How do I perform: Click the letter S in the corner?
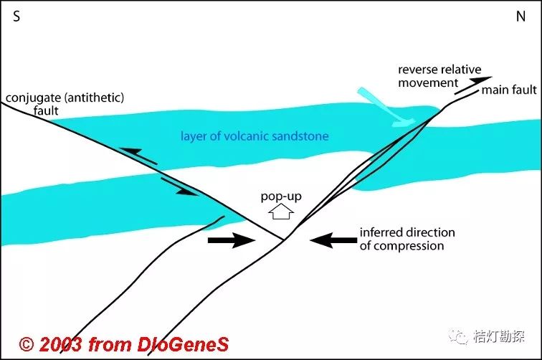click(16, 16)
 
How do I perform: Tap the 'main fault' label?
click(509, 90)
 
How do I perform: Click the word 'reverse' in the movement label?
click(415, 70)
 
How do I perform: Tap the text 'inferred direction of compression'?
click(406, 240)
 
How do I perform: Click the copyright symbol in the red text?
click(27, 344)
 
